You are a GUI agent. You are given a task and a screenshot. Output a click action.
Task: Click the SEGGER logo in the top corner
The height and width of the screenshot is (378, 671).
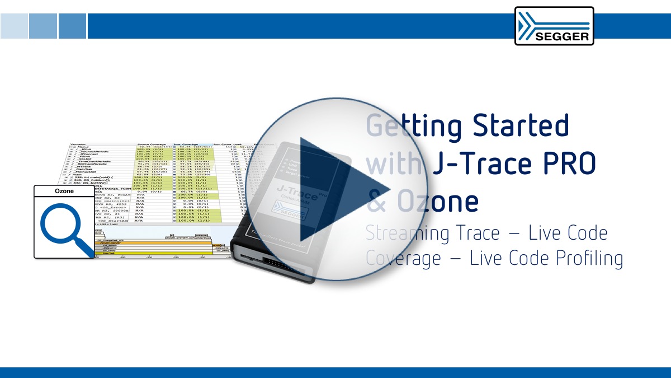click(x=554, y=26)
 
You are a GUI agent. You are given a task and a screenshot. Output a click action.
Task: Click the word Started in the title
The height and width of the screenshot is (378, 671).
click(x=521, y=125)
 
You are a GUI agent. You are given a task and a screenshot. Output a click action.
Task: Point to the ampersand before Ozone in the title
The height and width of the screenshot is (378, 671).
click(x=377, y=202)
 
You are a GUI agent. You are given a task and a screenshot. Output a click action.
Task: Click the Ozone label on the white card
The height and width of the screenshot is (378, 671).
click(x=64, y=191)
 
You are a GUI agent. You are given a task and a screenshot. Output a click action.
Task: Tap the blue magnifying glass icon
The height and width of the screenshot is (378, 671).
click(x=63, y=227)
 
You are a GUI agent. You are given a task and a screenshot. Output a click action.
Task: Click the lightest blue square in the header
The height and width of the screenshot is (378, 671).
click(x=13, y=26)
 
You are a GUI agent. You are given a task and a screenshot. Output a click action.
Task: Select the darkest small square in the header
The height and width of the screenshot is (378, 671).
click(x=72, y=26)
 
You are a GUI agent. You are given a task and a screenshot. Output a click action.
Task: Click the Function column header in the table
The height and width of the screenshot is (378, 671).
click(x=78, y=144)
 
